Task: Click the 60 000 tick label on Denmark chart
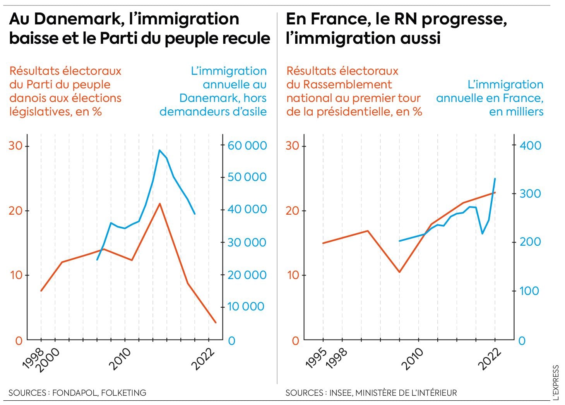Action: point(247,146)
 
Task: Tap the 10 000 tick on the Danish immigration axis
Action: point(246,307)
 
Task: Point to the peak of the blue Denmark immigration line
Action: point(159,150)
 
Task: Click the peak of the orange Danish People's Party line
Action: point(159,203)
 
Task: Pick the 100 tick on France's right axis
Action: point(529,291)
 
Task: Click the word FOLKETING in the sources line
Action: point(123,393)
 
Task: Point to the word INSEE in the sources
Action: point(340,393)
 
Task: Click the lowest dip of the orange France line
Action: point(399,272)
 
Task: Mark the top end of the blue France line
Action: point(495,179)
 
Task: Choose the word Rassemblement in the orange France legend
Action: point(339,84)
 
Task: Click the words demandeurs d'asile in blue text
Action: point(213,112)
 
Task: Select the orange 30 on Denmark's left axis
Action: point(16,146)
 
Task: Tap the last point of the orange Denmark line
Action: point(216,322)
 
